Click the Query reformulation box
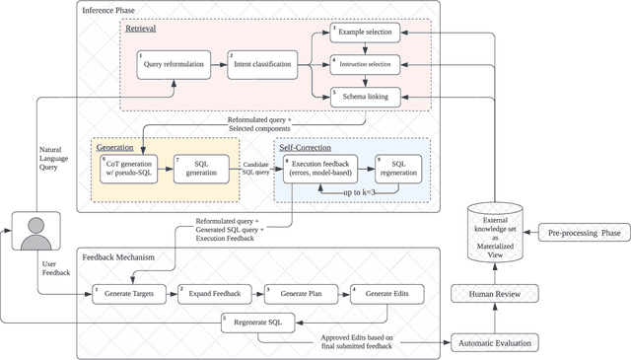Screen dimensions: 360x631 coord(174,67)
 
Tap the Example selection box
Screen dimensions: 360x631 coord(364,33)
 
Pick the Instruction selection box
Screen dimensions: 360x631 coord(364,64)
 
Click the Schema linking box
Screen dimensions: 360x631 coord(364,97)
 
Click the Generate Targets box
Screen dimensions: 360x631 coord(129,294)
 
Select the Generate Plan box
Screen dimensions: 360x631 coord(296,294)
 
